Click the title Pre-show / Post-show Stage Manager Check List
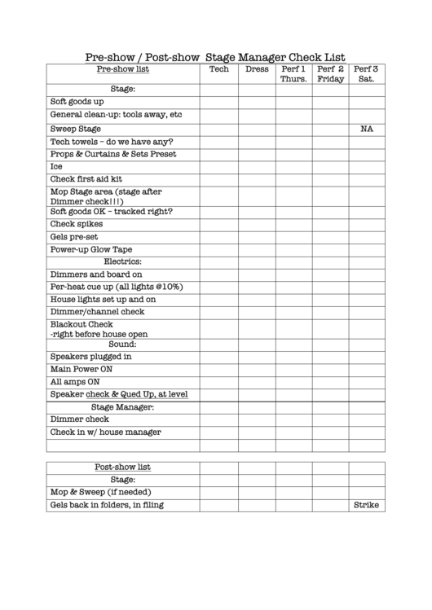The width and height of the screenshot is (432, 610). pos(215,57)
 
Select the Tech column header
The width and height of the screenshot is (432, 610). pos(219,69)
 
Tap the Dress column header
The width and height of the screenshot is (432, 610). pos(257,69)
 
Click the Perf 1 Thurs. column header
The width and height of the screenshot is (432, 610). pos(293,74)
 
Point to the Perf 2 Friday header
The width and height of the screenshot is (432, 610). pos(331,74)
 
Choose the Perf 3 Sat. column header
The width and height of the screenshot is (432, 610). pos(366,74)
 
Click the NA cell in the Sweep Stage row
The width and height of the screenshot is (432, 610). pos(366,129)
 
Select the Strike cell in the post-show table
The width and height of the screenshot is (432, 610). pos(366,505)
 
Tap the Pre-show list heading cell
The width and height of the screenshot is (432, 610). pos(123,69)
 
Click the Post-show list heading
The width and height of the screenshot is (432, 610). pos(123,467)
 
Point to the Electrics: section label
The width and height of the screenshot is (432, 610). pos(123,261)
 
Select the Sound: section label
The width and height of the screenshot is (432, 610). pos(123,344)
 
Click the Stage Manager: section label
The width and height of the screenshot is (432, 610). pos(123,406)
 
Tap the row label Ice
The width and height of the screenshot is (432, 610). pos(56,166)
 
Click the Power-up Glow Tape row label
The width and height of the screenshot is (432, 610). pos(91,249)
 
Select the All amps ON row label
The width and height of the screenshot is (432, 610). pos(75,381)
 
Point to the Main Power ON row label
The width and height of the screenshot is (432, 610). pos(82,369)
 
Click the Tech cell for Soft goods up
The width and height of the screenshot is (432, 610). pos(219,102)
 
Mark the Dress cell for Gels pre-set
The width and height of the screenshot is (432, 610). pos(257,237)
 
